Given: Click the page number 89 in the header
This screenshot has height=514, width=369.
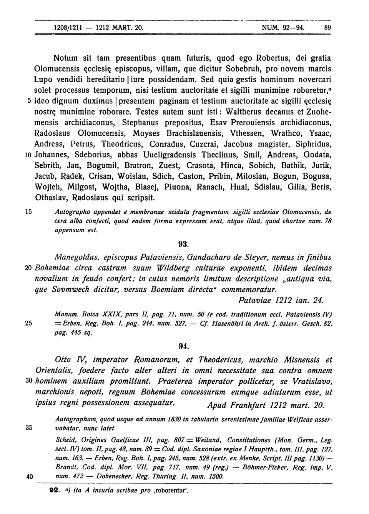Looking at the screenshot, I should pos(327,28).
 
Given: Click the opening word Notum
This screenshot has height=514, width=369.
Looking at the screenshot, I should pos(65,58).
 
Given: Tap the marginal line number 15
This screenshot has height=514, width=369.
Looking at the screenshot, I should pos(28,211).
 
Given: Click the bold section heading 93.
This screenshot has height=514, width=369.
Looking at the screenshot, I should pos(183,244).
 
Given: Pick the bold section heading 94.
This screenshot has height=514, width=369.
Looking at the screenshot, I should pos(183,346).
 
